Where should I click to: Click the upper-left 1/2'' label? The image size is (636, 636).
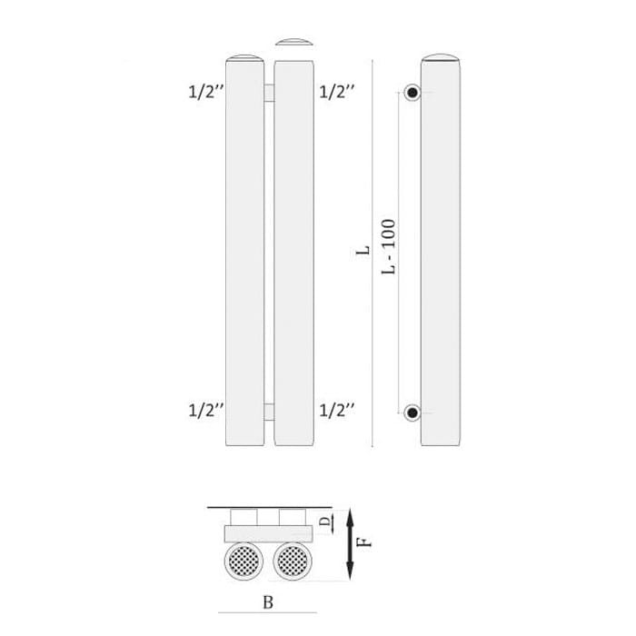coord(206,92)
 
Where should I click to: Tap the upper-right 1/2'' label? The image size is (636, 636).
coord(337,92)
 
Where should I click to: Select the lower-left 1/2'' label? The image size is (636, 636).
coord(206,410)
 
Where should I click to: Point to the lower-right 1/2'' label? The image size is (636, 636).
coord(337,410)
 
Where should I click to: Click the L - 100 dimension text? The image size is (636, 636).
coord(388,246)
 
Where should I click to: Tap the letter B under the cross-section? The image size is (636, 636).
coord(268,602)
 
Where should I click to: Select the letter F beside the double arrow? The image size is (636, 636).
coord(365,542)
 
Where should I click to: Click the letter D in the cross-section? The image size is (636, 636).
coord(325,521)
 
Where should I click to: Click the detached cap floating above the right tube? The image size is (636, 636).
coord(294,42)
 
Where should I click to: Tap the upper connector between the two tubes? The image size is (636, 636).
coord(269,93)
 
